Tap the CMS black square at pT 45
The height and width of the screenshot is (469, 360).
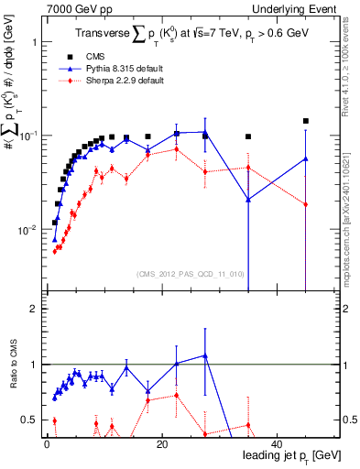(306, 121)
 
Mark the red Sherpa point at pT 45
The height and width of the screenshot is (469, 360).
(306, 204)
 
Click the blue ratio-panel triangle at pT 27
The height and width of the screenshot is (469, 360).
(205, 355)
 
